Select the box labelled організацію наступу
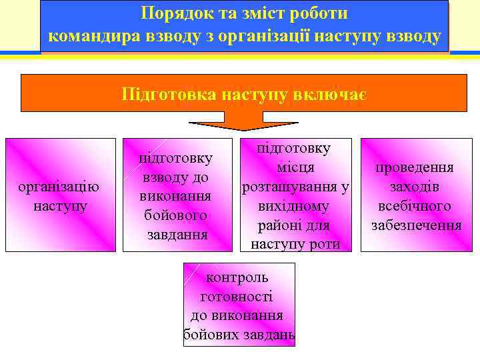tap(60, 195)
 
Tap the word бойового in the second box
tap(176, 215)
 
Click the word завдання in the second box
tap(176, 235)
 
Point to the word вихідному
tap(295, 207)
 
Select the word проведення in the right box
tap(414, 167)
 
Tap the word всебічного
tap(414, 206)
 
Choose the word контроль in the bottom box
tap(237, 277)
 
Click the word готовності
tap(237, 296)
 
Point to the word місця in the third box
tap(295, 169)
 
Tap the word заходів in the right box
tap(414, 187)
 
